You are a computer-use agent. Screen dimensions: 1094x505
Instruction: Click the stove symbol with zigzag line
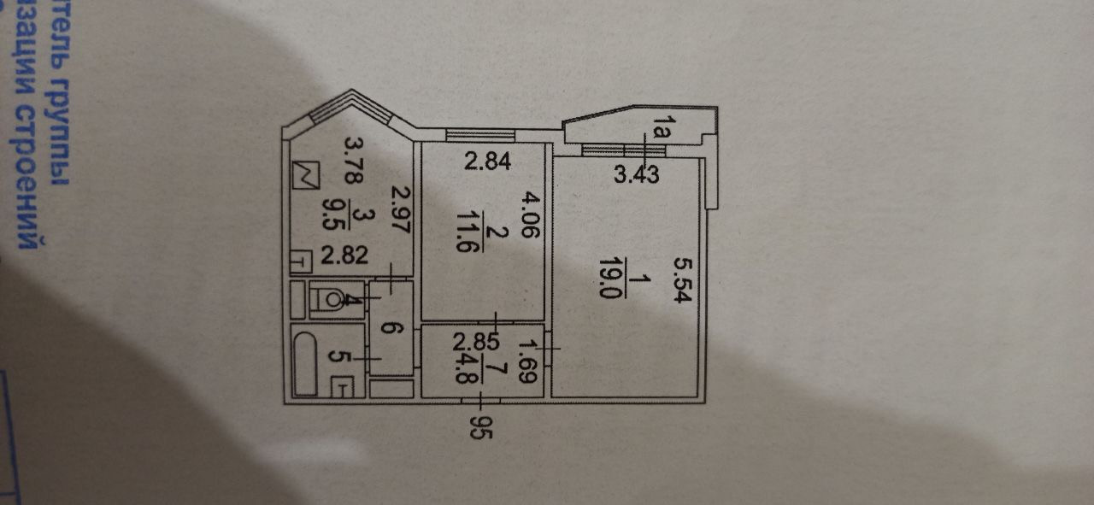(305, 175)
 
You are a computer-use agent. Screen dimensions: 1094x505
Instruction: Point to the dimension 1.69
(528, 360)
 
